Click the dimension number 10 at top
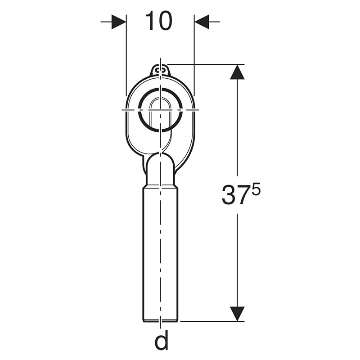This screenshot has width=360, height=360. tap(159, 21)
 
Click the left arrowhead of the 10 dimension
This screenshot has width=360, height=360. tap(119, 22)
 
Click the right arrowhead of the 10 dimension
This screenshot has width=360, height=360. tap(202, 22)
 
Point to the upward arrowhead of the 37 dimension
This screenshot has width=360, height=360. tap(237, 72)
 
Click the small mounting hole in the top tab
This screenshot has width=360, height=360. tap(160, 69)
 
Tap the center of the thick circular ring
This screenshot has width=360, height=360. tap(160, 110)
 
